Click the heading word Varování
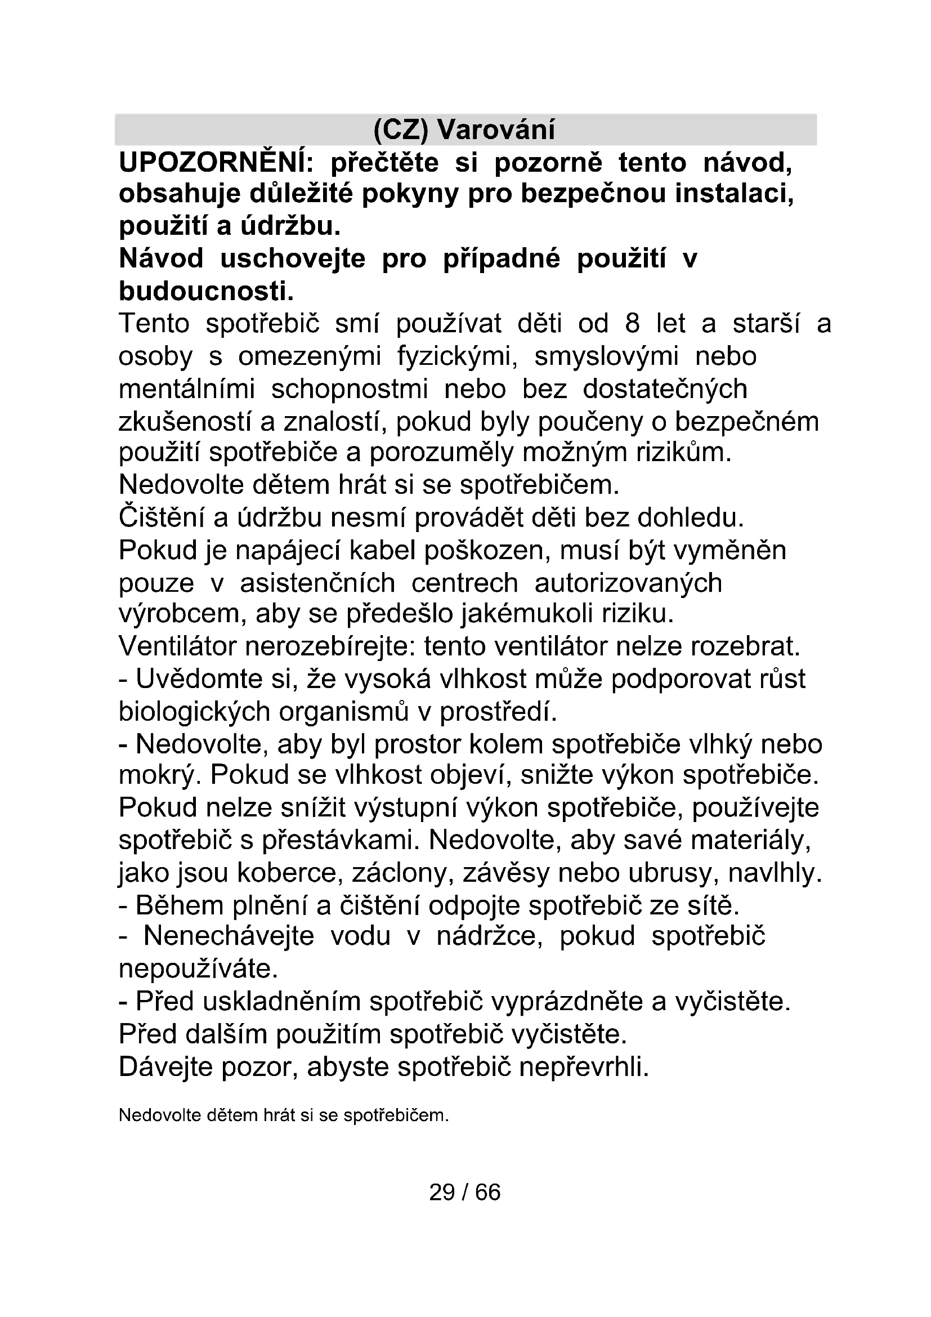(496, 130)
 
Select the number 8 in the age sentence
(632, 324)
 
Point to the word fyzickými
(458, 357)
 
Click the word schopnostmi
(349, 390)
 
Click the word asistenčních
(317, 583)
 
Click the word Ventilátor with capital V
(177, 647)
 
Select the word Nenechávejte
(229, 937)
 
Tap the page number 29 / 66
(465, 1193)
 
